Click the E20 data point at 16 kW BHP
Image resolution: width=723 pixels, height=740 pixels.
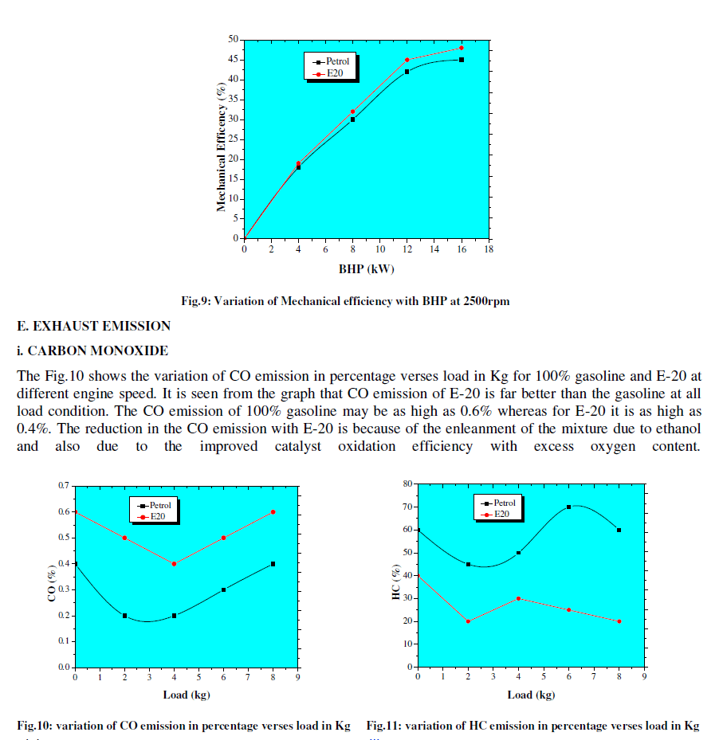[x=461, y=48]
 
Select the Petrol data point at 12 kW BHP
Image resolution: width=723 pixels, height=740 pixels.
[x=407, y=72]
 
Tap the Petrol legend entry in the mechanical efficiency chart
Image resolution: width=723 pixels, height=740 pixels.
[x=332, y=61]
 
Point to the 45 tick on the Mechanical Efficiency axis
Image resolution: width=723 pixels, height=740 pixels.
[x=233, y=60]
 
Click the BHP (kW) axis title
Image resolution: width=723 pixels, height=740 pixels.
[x=366, y=268]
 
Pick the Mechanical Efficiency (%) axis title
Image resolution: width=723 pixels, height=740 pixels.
[x=221, y=147]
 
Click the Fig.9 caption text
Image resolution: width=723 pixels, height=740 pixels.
[x=345, y=301]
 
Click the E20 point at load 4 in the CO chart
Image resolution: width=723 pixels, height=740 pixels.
[x=174, y=563]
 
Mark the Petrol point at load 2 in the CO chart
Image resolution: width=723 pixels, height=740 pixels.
[x=124, y=616]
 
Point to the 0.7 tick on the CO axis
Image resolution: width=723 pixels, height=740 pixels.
[x=62, y=485]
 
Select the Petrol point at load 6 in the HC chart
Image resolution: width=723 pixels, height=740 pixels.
[x=569, y=507]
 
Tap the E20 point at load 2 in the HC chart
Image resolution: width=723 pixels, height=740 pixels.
[x=468, y=621]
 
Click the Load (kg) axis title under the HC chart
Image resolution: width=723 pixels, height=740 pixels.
[x=531, y=695]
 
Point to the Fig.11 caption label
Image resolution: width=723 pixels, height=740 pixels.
[x=386, y=726]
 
